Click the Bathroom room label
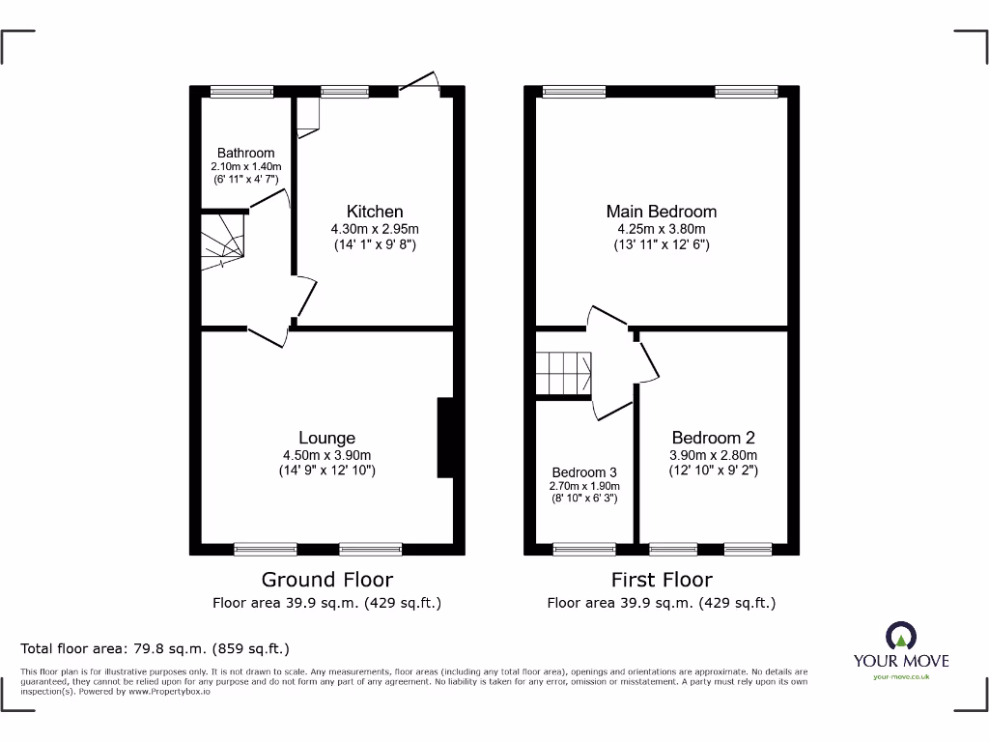pyautogui.click(x=245, y=153)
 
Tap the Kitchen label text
pyautogui.click(x=375, y=212)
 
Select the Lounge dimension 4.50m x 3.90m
pyautogui.click(x=326, y=456)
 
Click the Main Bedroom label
pyautogui.click(x=661, y=212)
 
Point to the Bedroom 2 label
pyautogui.click(x=713, y=439)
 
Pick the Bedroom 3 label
pyautogui.click(x=584, y=472)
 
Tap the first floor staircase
pyautogui.click(x=564, y=373)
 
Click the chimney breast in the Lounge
pyautogui.click(x=445, y=438)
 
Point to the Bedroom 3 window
pyautogui.click(x=584, y=549)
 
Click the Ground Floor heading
pyautogui.click(x=327, y=580)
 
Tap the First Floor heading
pyautogui.click(x=662, y=580)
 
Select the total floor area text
pyautogui.click(x=155, y=649)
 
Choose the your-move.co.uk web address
pyautogui.click(x=900, y=677)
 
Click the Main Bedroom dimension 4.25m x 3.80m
pyautogui.click(x=661, y=229)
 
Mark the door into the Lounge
pyautogui.click(x=268, y=335)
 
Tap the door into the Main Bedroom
pyautogui.click(x=607, y=316)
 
